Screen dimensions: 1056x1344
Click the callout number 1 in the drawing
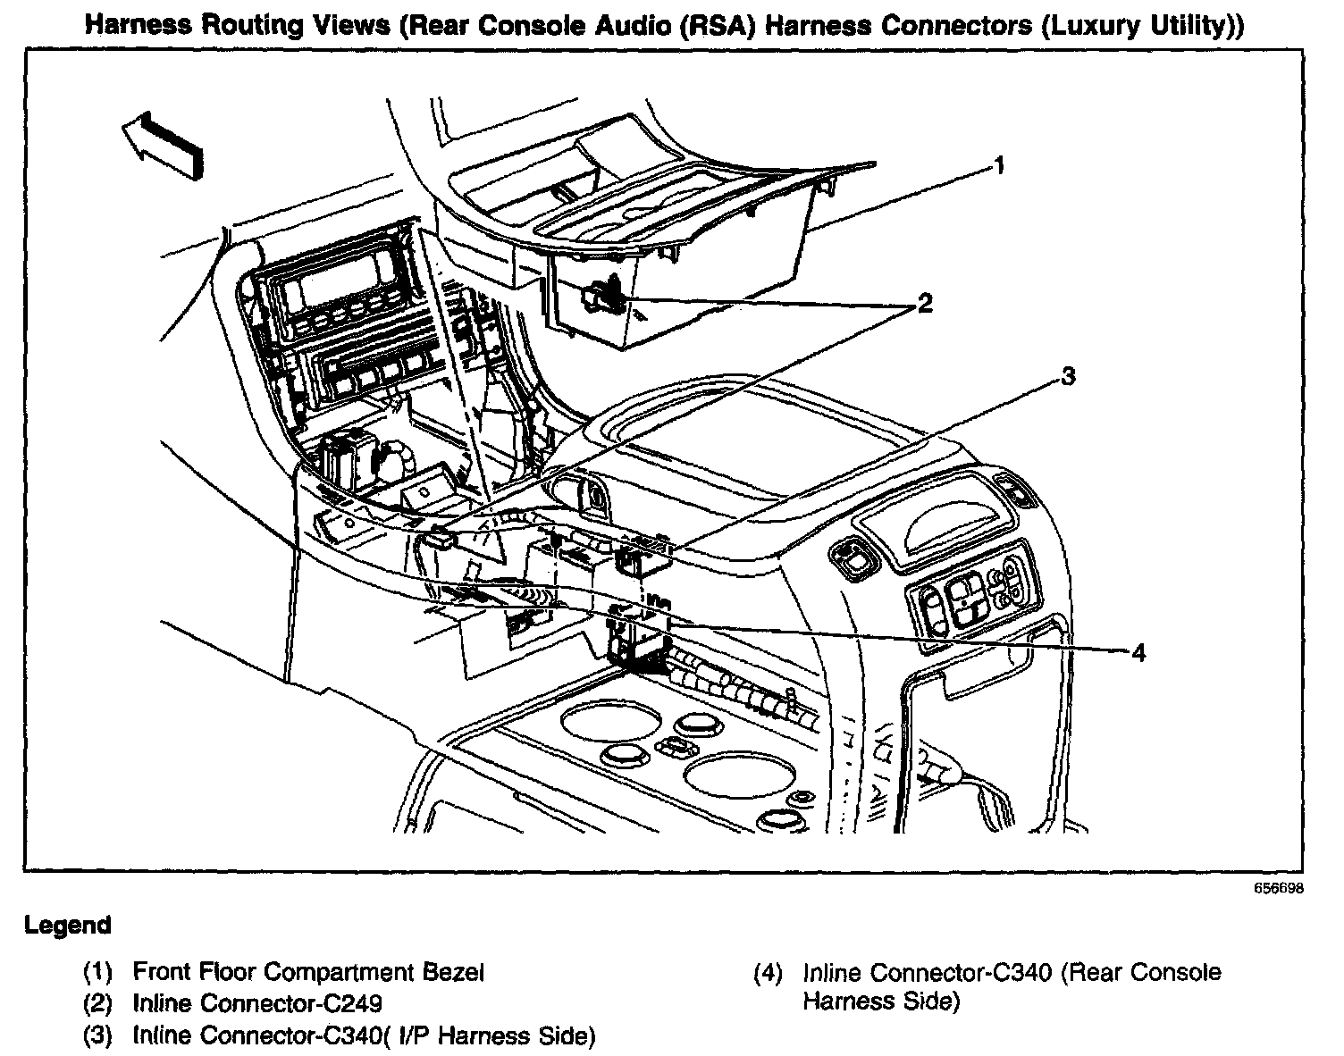1000,166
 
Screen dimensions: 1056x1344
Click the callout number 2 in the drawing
924,304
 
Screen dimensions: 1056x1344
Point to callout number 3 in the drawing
1068,376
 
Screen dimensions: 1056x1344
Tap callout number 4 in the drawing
1138,653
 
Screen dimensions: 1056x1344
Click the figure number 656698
1279,889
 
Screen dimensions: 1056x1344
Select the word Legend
68,926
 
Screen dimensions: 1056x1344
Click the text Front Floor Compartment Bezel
308,972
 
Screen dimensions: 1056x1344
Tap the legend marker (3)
97,1036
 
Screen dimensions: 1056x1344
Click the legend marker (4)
768,972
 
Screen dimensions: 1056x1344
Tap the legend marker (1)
97,972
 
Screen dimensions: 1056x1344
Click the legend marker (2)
97,1004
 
